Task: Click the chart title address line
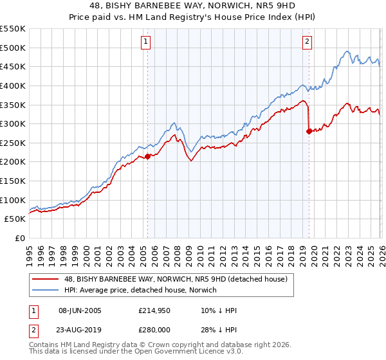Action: pos(193,6)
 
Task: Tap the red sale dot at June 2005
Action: pos(148,156)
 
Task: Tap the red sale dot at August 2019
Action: pos(309,131)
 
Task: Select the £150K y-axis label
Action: pos(13,181)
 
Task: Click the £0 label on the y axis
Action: pos(19,238)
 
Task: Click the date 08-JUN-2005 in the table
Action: pos(79,311)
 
